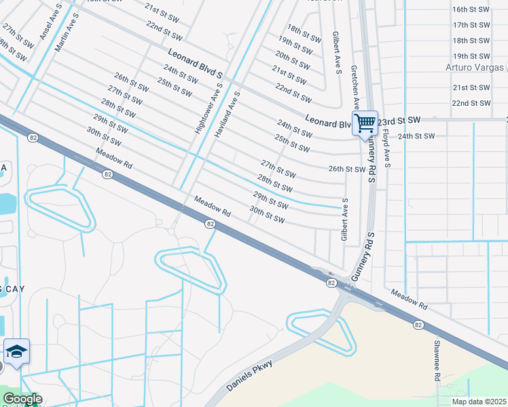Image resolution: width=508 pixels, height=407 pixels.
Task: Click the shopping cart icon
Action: [x=365, y=123]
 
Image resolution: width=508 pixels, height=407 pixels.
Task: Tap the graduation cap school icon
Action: [x=16, y=351]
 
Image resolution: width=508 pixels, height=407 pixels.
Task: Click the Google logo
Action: [x=22, y=400]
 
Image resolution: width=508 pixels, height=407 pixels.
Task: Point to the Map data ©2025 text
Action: [x=479, y=402]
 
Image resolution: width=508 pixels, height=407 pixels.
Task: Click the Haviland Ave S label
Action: [x=226, y=115]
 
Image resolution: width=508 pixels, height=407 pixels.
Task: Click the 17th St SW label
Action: [x=471, y=24]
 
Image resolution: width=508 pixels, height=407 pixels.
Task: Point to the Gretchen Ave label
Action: [x=355, y=88]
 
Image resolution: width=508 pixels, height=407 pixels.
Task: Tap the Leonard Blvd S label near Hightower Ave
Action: [x=196, y=63]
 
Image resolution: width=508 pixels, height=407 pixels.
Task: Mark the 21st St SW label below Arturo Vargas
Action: [x=471, y=88]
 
